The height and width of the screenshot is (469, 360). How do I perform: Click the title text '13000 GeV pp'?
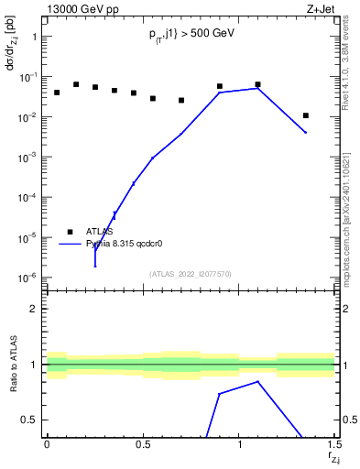click(80, 9)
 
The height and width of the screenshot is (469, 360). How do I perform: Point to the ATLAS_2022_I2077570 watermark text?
click(191, 273)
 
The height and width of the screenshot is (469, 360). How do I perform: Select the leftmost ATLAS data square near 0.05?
click(57, 93)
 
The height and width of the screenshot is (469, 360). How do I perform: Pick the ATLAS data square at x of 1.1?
click(258, 84)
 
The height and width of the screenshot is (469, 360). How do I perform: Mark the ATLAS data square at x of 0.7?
click(181, 100)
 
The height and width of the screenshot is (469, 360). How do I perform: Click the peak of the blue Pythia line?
click(258, 88)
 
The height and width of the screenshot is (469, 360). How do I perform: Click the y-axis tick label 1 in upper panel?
click(34, 38)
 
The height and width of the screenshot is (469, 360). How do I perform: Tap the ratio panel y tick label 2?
click(34, 309)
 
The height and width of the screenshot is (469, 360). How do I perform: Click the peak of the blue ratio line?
click(258, 381)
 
